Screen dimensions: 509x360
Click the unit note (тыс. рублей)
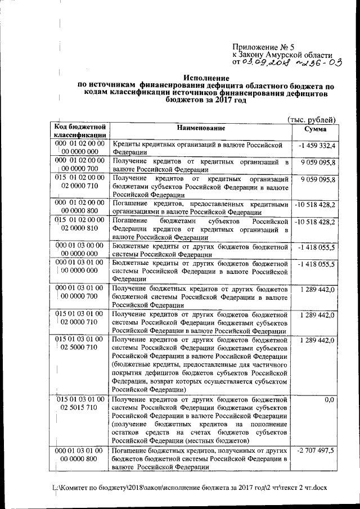tap(311, 119)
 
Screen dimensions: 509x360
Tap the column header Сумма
tap(314, 129)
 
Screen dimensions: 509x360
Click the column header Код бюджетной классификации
tap(80, 132)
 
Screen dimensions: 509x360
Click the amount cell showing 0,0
tap(330, 400)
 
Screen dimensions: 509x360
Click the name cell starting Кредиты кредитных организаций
tap(200, 148)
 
